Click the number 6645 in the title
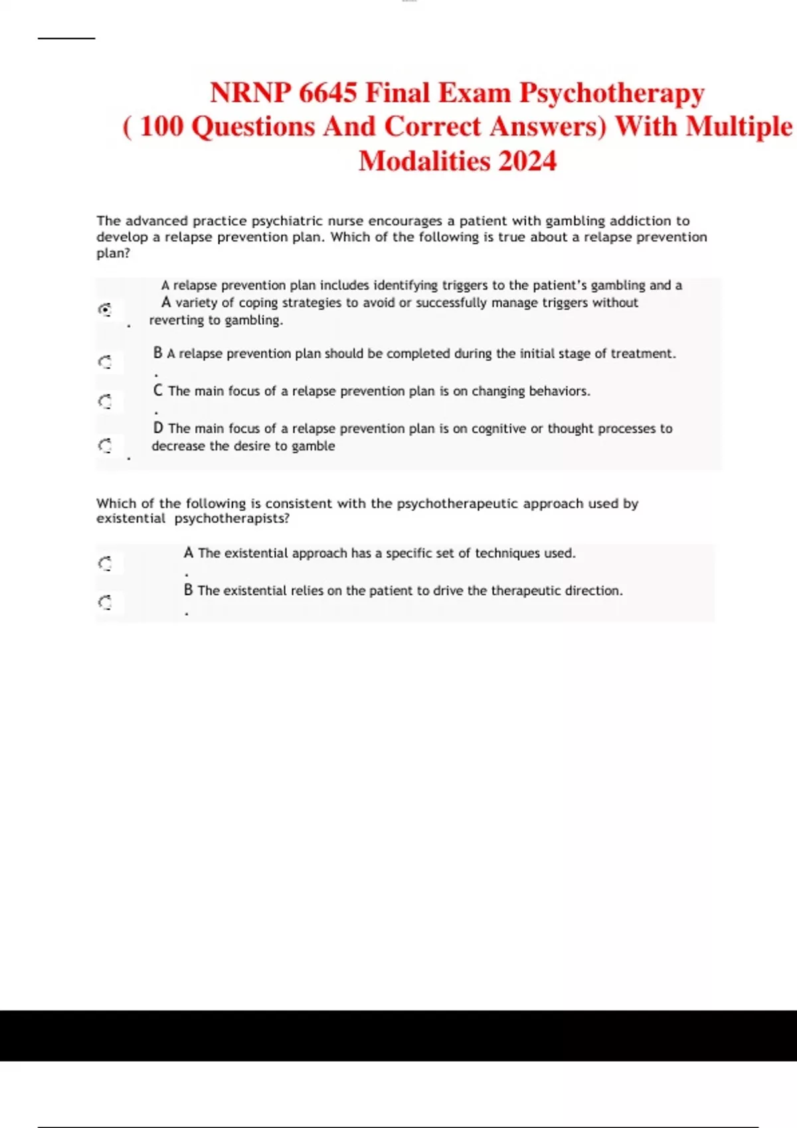327,93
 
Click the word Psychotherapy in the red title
612,93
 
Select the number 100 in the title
162,127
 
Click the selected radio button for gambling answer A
105,309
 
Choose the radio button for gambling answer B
105,362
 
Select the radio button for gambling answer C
105,401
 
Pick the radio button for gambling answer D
105,445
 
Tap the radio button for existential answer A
105,564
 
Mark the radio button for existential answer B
105,602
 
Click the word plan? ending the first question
113,253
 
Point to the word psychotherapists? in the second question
232,519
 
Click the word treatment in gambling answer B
642,354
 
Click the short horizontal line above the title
66,38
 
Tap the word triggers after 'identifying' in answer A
465,285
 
